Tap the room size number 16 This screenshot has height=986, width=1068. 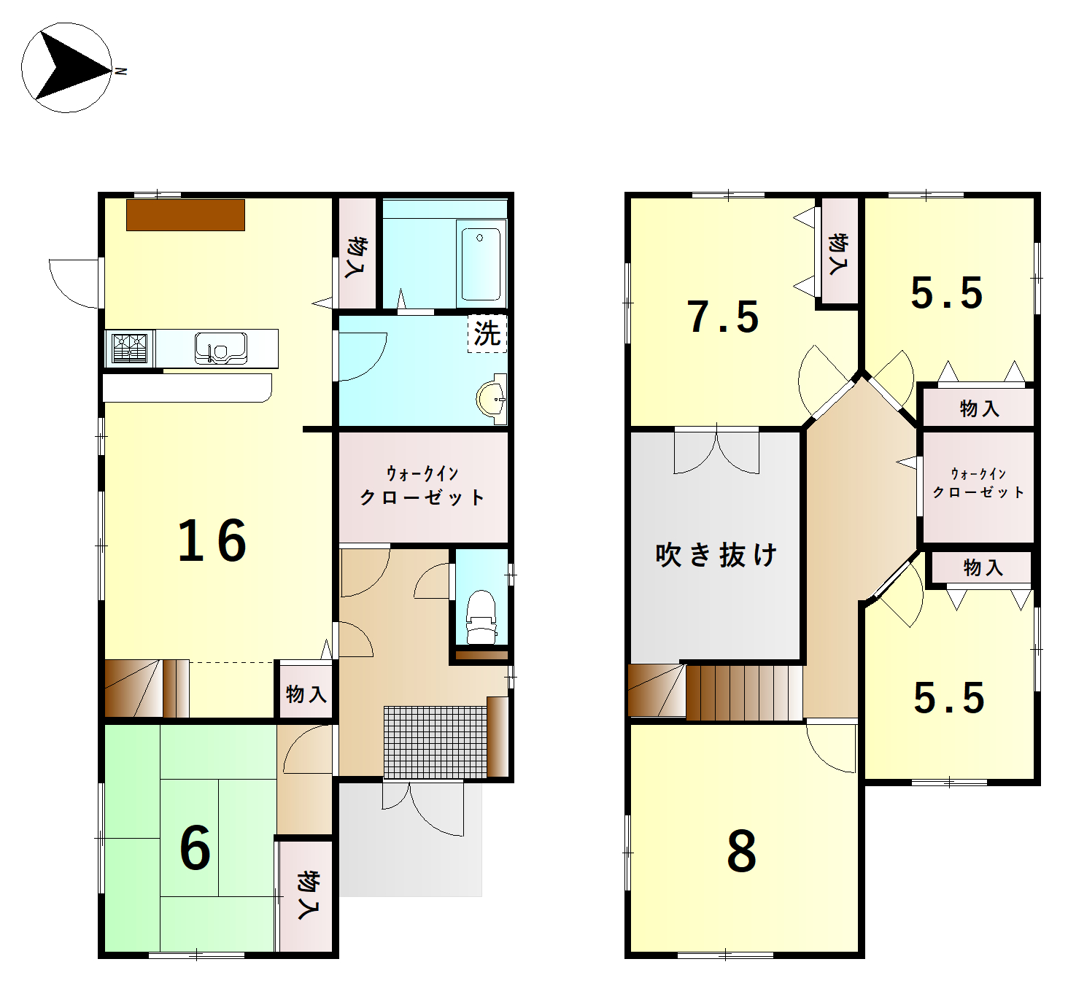pyautogui.click(x=212, y=540)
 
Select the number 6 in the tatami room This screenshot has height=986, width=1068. pyautogui.click(x=195, y=848)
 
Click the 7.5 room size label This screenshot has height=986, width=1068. pyautogui.click(x=723, y=317)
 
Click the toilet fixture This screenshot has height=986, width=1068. pyautogui.click(x=480, y=617)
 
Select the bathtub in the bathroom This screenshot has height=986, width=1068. pyautogui.click(x=481, y=263)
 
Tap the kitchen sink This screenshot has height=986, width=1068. pyautogui.click(x=220, y=348)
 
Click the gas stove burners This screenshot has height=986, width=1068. pyautogui.click(x=129, y=349)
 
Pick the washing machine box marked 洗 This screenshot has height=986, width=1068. pyautogui.click(x=487, y=333)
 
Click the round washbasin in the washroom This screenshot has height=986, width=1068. pyautogui.click(x=492, y=399)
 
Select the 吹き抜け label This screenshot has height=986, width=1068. pyautogui.click(x=716, y=555)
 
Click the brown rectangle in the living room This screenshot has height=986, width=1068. pyautogui.click(x=185, y=215)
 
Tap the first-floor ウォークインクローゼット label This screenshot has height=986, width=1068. pyautogui.click(x=422, y=486)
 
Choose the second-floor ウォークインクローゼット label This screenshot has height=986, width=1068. pyautogui.click(x=978, y=483)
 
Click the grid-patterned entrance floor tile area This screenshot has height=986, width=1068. pyautogui.click(x=435, y=742)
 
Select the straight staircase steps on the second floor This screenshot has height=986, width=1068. pyautogui.click(x=744, y=692)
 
